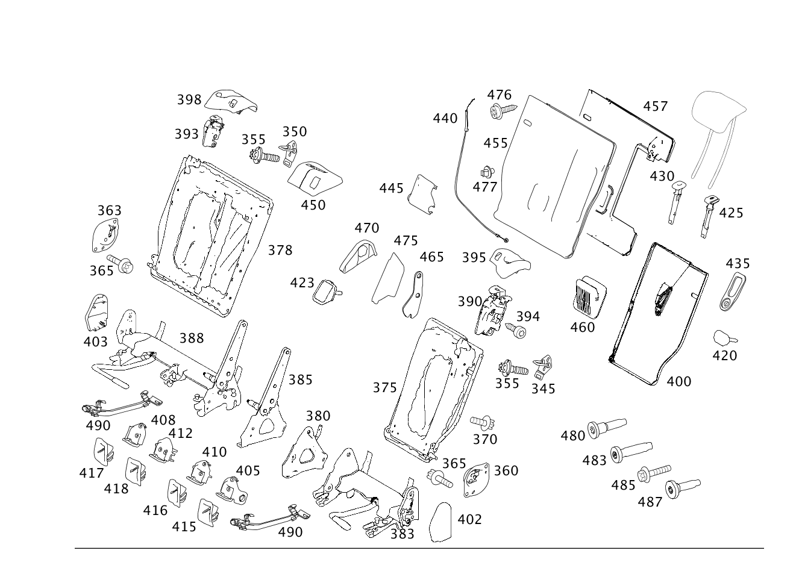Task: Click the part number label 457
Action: pyautogui.click(x=656, y=107)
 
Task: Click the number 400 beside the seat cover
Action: pyautogui.click(x=679, y=381)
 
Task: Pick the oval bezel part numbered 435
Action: pyautogui.click(x=731, y=291)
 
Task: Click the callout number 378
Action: pyautogui.click(x=280, y=250)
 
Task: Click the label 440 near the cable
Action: pyautogui.click(x=445, y=119)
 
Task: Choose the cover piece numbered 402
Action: pyautogui.click(x=443, y=522)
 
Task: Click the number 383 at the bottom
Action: pyautogui.click(x=402, y=534)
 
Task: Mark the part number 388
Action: pyautogui.click(x=192, y=338)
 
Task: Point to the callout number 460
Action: pyautogui.click(x=582, y=327)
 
